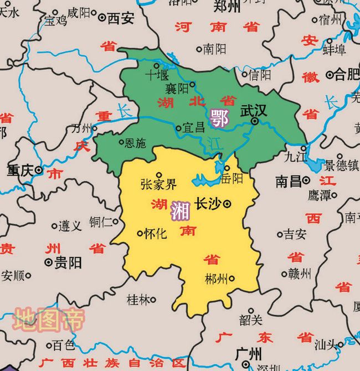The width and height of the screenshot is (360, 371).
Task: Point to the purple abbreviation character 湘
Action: point(181,210)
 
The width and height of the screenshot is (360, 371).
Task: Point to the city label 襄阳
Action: point(177,87)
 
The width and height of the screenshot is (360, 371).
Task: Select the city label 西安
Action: point(120,19)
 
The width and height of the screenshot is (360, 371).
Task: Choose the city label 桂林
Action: point(137,300)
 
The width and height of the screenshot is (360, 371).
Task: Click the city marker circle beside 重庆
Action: point(39,171)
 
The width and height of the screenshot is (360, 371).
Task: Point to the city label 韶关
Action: point(251,320)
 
